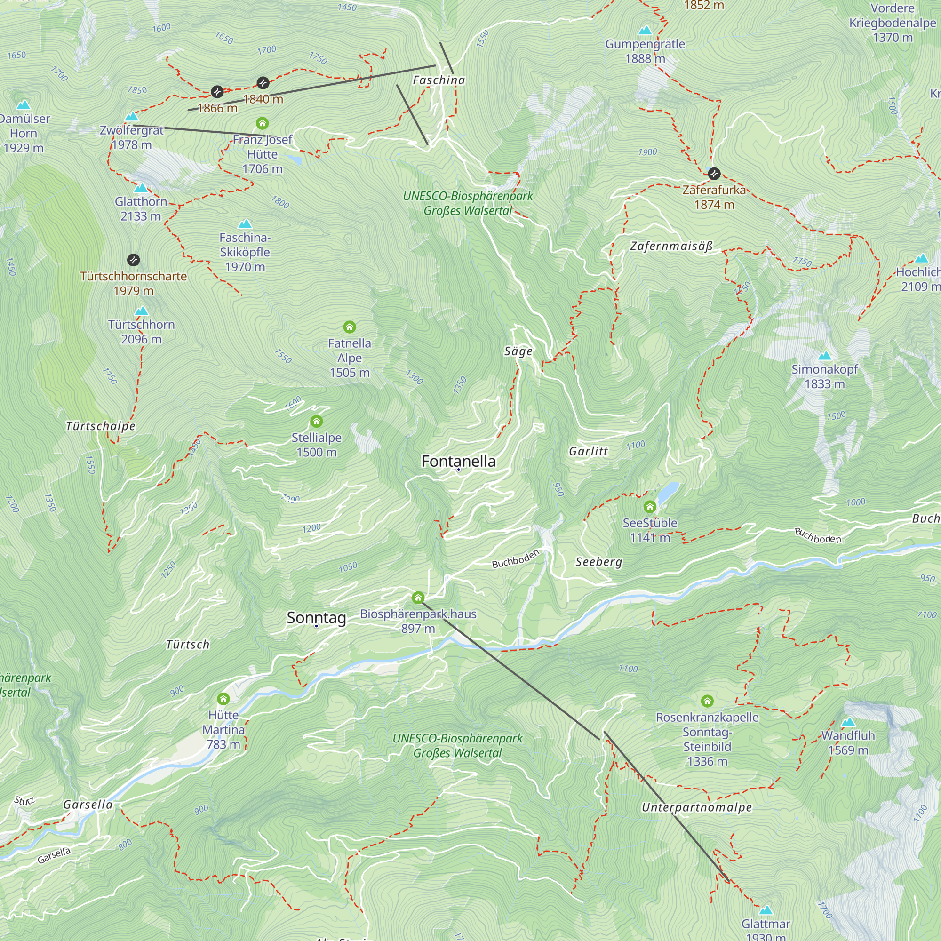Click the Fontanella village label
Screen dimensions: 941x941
coord(458,461)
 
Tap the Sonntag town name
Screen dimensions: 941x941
coord(316,618)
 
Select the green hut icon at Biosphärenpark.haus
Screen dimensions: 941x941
coord(418,598)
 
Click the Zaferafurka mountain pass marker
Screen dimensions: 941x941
coord(714,174)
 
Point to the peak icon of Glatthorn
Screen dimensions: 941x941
coord(141,188)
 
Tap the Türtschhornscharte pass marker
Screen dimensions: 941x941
coord(134,260)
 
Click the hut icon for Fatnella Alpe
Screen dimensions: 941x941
coord(349,327)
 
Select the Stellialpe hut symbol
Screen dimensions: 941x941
coord(317,421)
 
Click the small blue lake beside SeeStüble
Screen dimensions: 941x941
coord(668,492)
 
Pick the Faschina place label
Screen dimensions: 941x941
coord(439,80)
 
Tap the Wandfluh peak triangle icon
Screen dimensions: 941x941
coord(848,722)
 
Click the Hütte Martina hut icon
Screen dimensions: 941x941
coord(223,699)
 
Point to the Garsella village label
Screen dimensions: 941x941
coord(88,805)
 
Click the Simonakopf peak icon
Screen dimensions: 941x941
coord(824,356)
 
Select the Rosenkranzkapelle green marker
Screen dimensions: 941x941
coord(707,701)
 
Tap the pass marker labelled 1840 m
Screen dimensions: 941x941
coord(263,83)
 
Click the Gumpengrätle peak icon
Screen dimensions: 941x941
coord(645,30)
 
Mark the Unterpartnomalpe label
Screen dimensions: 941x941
coord(696,807)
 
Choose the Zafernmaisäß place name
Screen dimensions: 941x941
coord(671,246)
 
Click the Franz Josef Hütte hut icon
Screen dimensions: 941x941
coord(262,123)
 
